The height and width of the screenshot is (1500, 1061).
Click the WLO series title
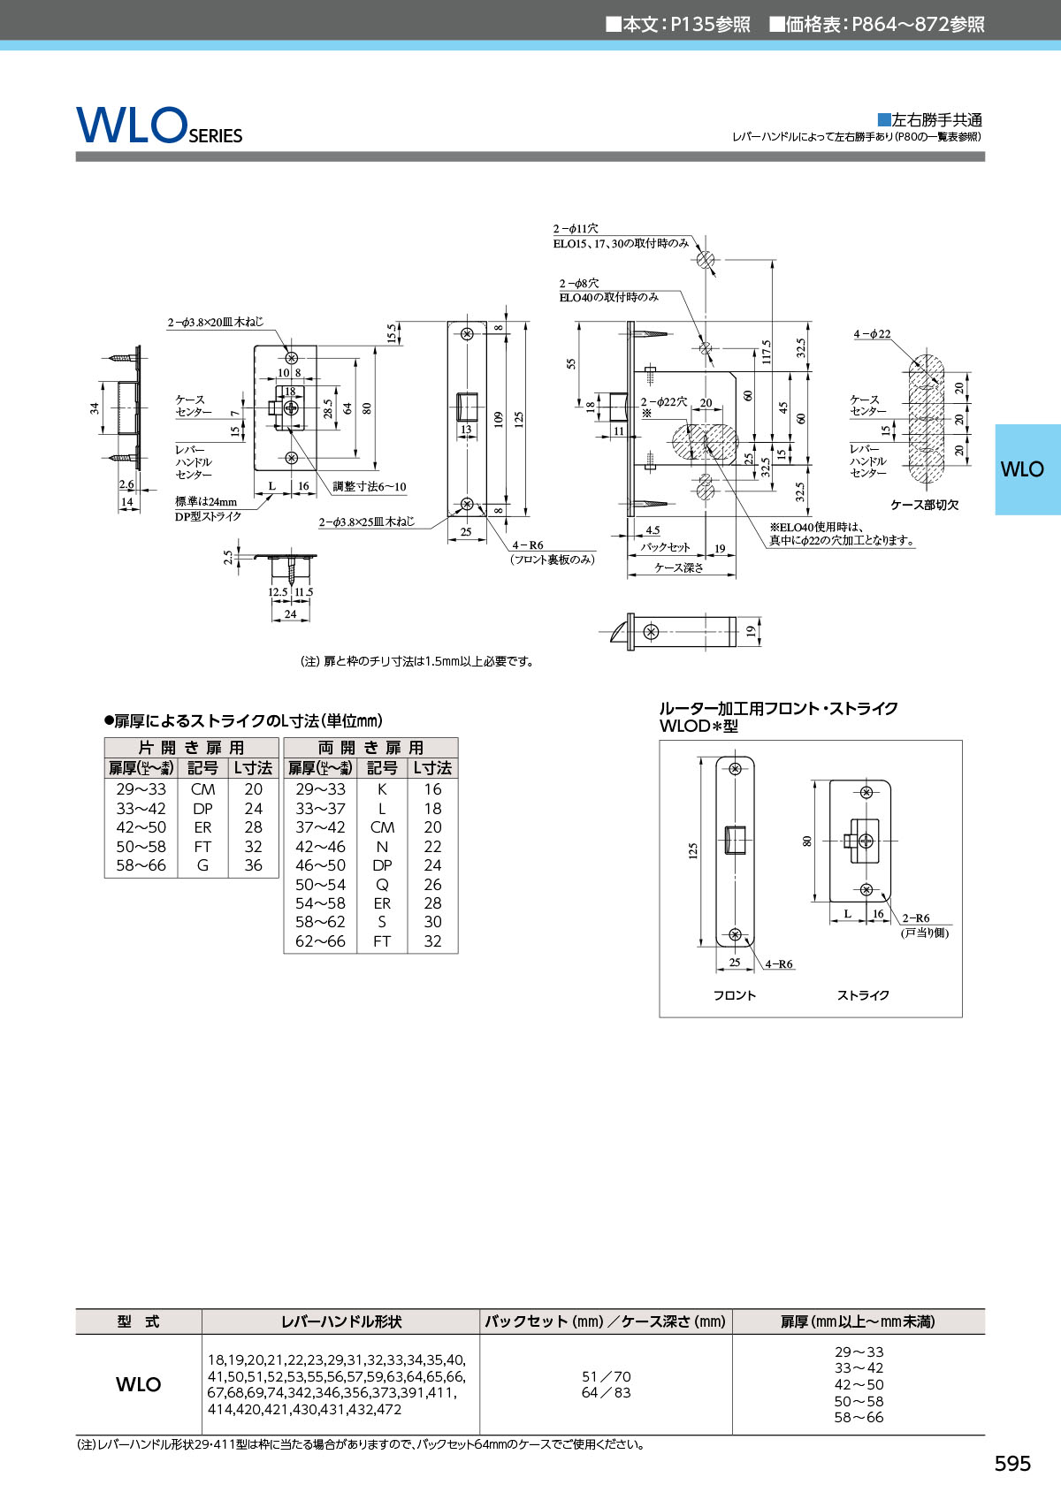pos(159,126)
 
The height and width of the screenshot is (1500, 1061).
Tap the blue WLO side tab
pos(1022,469)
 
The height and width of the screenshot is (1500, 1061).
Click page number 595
pos(1012,1464)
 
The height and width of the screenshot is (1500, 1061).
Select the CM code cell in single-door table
pos(202,789)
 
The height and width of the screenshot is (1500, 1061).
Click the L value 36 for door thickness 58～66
pos(253,865)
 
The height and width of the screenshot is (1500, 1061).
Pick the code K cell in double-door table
pos(382,789)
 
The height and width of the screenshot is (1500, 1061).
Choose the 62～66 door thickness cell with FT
pos(320,941)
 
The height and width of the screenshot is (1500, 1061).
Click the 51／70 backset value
pos(607,1376)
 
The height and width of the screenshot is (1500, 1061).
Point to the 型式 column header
pos(138,1321)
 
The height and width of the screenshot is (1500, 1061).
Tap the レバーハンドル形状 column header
pos(340,1321)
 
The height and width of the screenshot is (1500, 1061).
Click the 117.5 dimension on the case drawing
pos(766,351)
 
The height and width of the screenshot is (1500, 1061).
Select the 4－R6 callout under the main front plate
pos(528,545)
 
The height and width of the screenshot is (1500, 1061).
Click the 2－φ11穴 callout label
pos(576,228)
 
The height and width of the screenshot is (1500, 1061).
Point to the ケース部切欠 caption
pos(924,505)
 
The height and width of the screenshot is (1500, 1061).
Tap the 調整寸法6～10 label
pos(370,486)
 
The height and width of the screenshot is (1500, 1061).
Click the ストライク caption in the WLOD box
pos(863,995)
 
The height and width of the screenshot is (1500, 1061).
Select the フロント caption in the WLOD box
pos(735,995)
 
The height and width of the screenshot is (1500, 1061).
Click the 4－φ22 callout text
pos(872,334)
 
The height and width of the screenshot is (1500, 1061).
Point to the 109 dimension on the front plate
pos(499,418)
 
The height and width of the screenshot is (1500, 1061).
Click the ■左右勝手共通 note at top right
pos(929,120)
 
